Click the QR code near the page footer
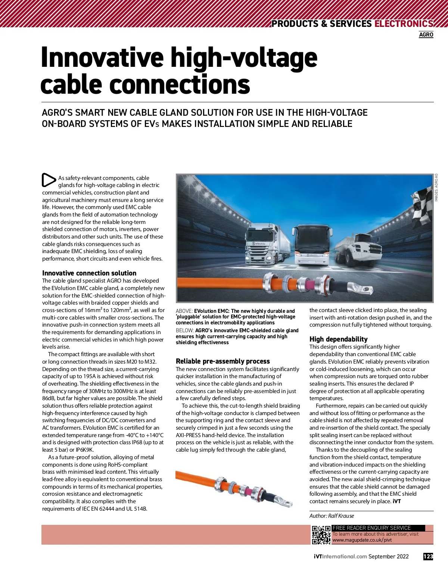tap(321, 535)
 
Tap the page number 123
tap(428, 557)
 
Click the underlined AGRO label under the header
tap(426, 35)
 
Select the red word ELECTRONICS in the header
tap(404, 24)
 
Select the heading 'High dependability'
tap(338, 339)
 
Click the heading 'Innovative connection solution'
tap(89, 273)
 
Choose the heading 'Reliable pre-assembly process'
tap(223, 361)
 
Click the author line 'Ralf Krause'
tap(332, 516)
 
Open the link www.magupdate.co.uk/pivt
tap(362, 540)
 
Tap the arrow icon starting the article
tap(49, 180)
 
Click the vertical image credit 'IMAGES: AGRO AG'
tap(436, 188)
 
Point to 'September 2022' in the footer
tap(388, 557)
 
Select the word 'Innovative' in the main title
tap(102, 58)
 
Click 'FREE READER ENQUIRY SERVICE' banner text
tap(371, 528)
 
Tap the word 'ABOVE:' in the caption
tap(184, 311)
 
